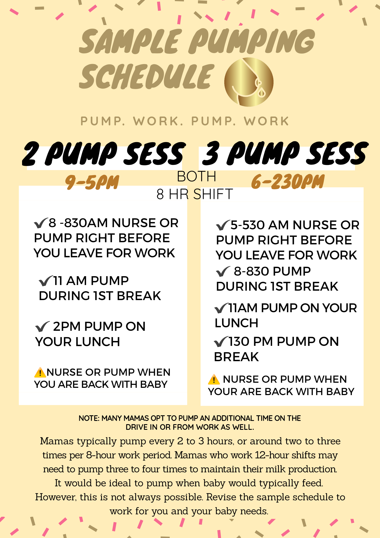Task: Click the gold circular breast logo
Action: tap(249, 82)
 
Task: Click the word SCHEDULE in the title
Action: tap(147, 77)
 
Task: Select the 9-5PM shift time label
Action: tap(92, 182)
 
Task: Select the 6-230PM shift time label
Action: tap(287, 182)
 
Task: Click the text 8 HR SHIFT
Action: tap(194, 194)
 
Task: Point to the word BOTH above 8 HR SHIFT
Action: tap(197, 177)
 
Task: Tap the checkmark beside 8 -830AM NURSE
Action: tap(41, 223)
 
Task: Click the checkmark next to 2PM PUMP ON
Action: tap(42, 327)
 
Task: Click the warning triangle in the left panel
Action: tap(40, 372)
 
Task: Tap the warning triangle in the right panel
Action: tap(214, 379)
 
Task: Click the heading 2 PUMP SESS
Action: tap(104, 154)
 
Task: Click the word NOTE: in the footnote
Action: tap(89, 418)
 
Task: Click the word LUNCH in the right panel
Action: tap(236, 323)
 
